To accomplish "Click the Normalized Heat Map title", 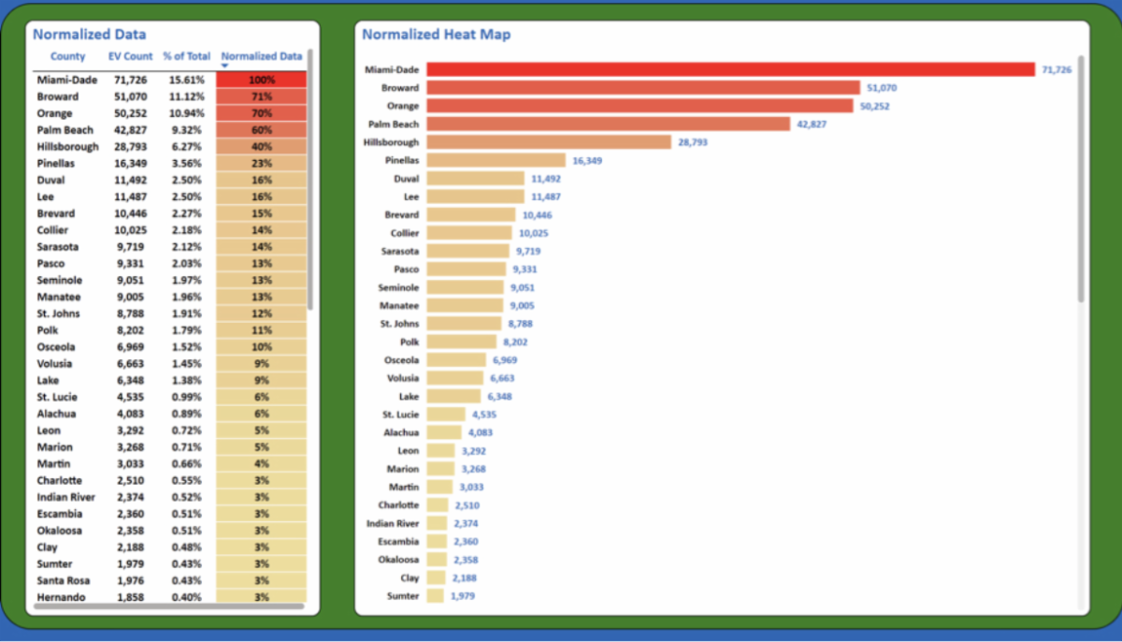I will (x=436, y=35).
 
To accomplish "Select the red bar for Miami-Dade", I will (x=730, y=69).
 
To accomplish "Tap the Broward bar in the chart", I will (x=642, y=88).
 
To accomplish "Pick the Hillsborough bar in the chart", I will (x=549, y=142).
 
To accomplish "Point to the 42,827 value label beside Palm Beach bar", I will (x=813, y=124).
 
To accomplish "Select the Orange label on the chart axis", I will (x=403, y=106).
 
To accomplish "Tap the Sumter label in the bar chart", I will (x=403, y=596).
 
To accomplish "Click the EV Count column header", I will (x=130, y=57).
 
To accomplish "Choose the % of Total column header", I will (x=187, y=57).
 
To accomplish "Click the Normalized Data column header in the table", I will (x=262, y=57).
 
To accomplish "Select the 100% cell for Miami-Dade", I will (x=261, y=80).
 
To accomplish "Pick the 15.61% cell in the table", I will (x=187, y=80).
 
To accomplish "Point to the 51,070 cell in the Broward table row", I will (x=130, y=97).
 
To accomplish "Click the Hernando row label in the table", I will (x=62, y=597).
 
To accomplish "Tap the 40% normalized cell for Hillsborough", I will (x=261, y=147).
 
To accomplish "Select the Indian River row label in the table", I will (x=66, y=497).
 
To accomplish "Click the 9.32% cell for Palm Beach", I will (x=187, y=130).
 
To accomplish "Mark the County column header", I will (x=67, y=57).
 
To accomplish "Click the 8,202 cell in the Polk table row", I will (x=130, y=330).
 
